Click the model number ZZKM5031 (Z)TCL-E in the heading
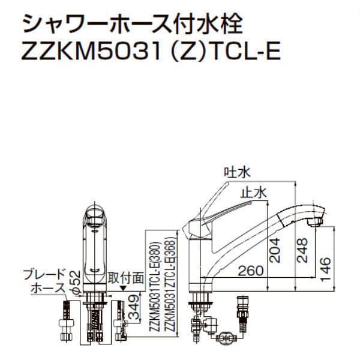(151, 53)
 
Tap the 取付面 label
(126, 278)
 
